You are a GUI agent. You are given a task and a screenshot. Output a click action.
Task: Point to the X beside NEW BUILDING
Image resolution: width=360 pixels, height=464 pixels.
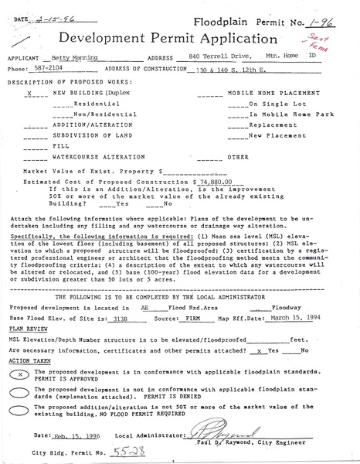(x=27, y=93)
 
